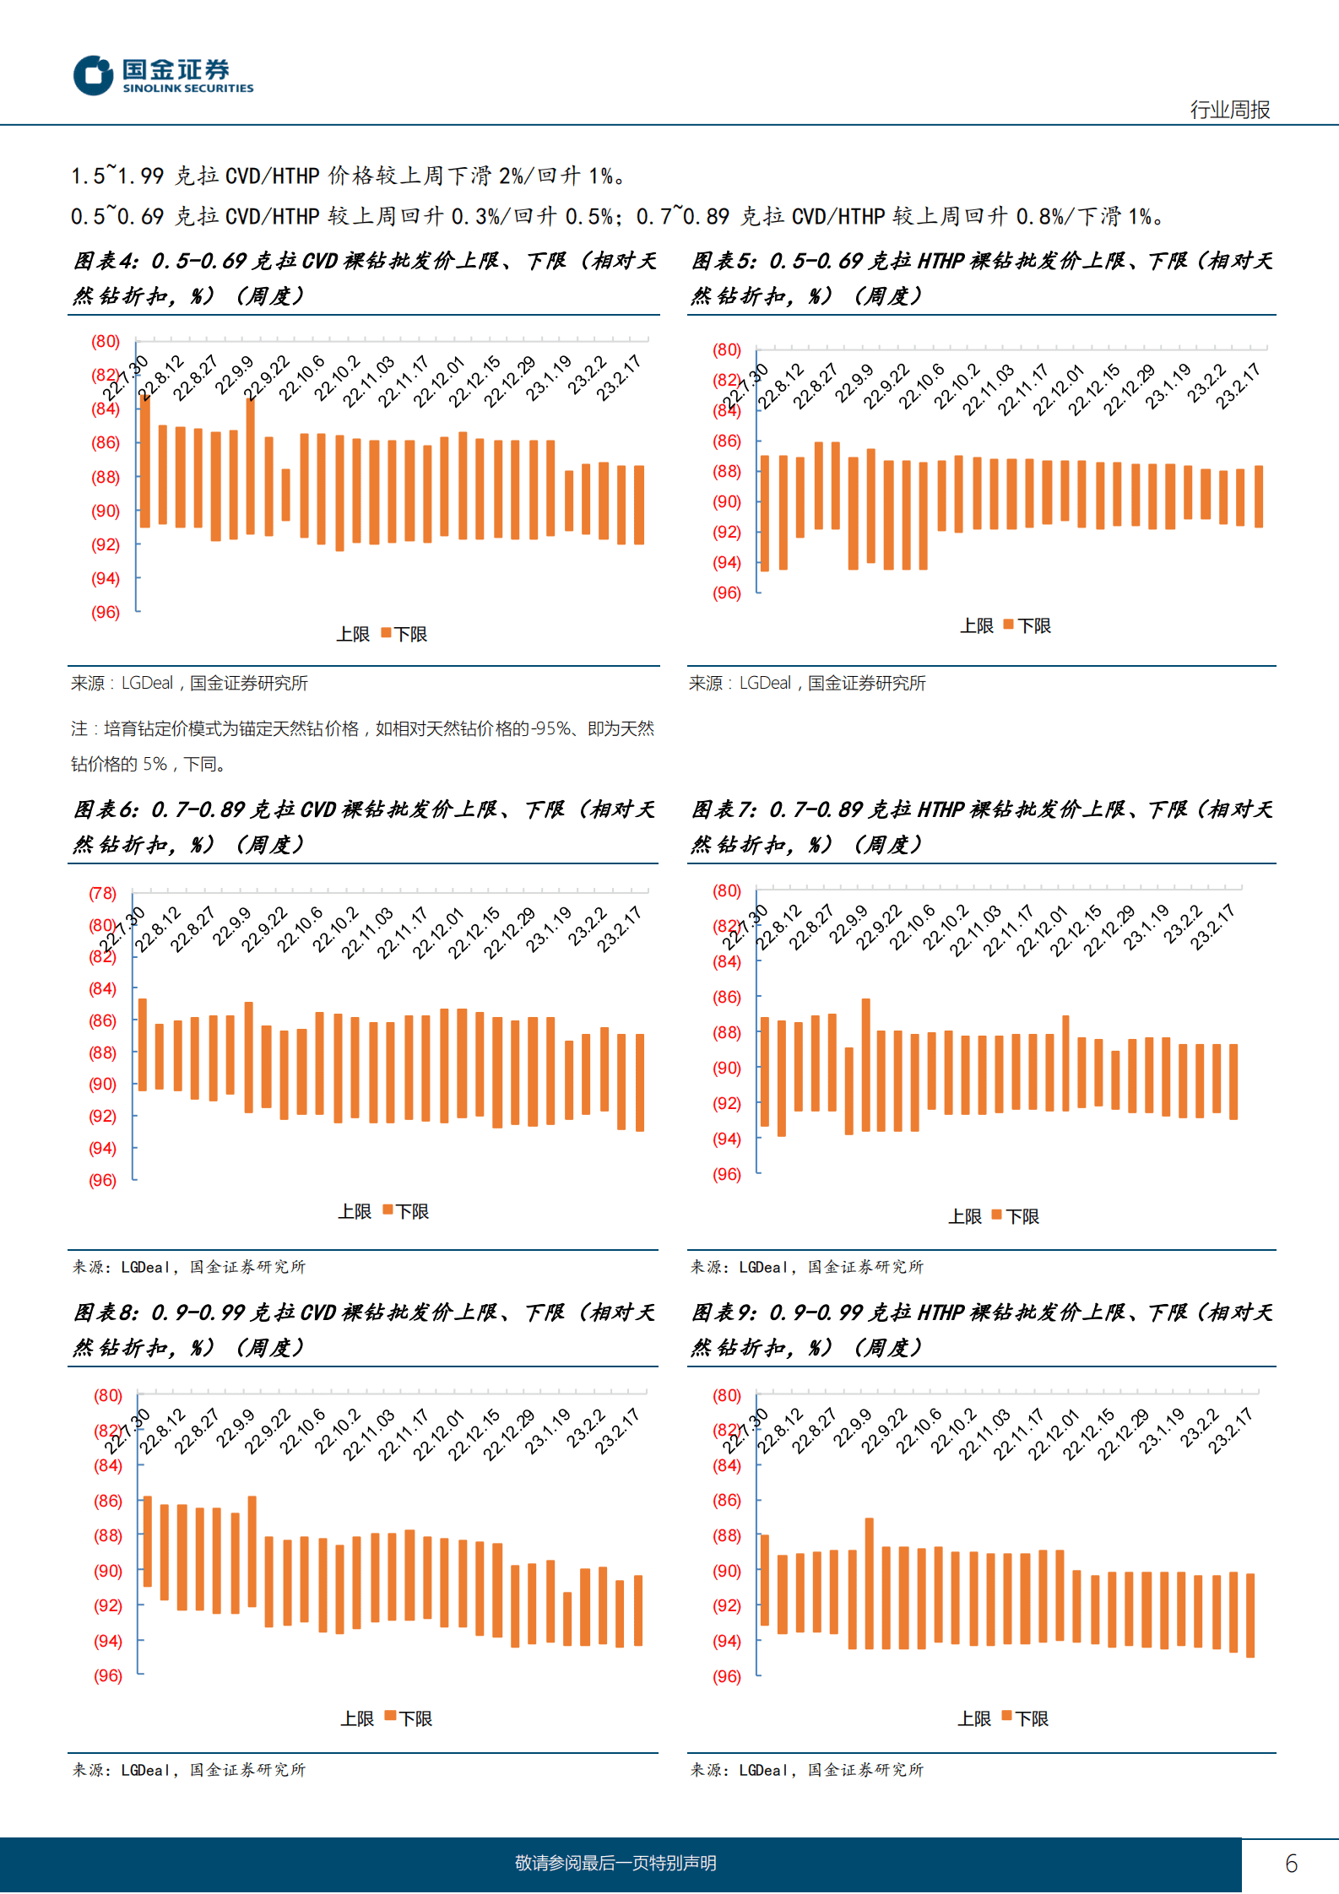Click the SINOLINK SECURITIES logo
(163, 75)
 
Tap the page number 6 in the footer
(1291, 1863)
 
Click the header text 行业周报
(1229, 110)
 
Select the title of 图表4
(364, 278)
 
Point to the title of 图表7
(981, 826)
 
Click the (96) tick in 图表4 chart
(106, 613)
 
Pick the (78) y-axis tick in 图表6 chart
(103, 893)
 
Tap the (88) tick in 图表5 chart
(726, 472)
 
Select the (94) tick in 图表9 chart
(726, 1641)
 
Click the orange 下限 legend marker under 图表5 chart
(1008, 625)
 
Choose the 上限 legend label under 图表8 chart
(356, 1718)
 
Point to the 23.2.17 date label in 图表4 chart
(619, 378)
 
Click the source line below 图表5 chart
(807, 683)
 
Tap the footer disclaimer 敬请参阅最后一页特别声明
(615, 1863)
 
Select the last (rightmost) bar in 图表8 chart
(638, 1610)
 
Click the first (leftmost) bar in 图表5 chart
(765, 513)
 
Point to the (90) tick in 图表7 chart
(726, 1069)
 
